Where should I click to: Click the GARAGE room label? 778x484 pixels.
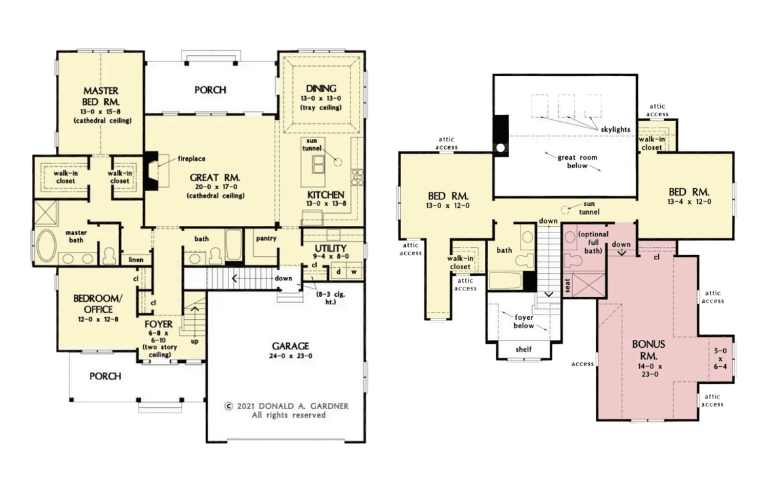(x=290, y=346)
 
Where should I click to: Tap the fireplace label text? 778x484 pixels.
(x=192, y=159)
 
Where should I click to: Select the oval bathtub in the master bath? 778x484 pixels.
(x=46, y=245)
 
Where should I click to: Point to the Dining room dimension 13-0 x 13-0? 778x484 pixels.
(x=321, y=98)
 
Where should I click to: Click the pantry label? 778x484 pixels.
(x=266, y=239)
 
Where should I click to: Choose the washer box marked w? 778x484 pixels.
(x=354, y=272)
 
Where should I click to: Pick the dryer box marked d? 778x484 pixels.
(x=339, y=272)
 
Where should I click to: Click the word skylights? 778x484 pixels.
(x=615, y=130)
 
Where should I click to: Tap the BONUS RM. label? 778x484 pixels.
(x=648, y=350)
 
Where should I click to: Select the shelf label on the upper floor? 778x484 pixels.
(x=523, y=349)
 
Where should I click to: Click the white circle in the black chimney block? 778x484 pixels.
(x=500, y=148)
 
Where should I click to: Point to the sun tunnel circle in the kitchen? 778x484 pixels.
(x=338, y=162)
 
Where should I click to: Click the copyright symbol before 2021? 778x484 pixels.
(x=229, y=406)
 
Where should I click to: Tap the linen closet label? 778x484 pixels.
(x=136, y=260)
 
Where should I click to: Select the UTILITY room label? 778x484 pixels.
(x=330, y=248)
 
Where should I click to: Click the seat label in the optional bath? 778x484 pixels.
(x=567, y=286)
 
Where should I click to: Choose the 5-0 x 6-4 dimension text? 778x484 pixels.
(x=720, y=358)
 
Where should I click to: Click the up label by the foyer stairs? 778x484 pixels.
(x=194, y=341)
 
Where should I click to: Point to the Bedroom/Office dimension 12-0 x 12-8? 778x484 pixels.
(x=98, y=319)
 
